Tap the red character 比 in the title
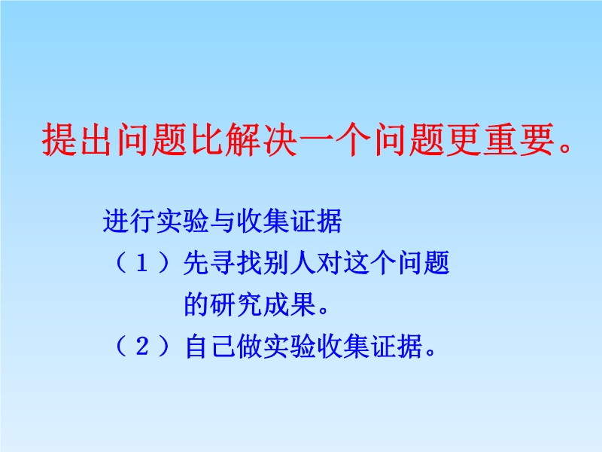pos(208,139)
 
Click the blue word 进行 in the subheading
pos(129,221)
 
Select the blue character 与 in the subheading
pos(222,221)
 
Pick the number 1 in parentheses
pos(142,264)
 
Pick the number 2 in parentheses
pos(142,346)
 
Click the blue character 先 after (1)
pos(196,263)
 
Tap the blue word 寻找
pos(236,263)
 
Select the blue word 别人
pos(290,263)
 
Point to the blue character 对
pos(329,263)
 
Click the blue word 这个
pos(369,263)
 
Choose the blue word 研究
pos(236,304)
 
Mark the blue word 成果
pos(290,304)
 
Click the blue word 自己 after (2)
pos(210,346)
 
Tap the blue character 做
pos(250,346)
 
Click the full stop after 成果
pos(324,310)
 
